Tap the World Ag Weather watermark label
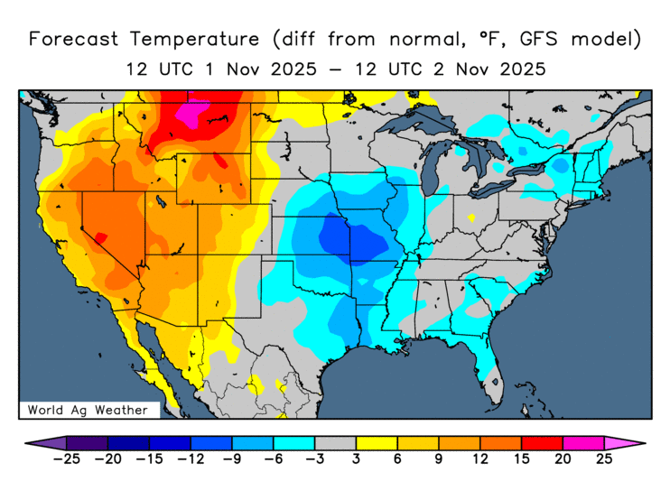pos(88,410)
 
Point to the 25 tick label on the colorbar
pos(605,459)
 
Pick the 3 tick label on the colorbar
pos(357,459)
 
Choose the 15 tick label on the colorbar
pos(522,459)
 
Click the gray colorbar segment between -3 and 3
pos(335,443)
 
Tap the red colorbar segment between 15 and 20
pos(542,443)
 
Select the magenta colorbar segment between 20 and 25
pos(583,443)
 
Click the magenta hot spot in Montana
pos(191,115)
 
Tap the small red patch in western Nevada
pos(101,238)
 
